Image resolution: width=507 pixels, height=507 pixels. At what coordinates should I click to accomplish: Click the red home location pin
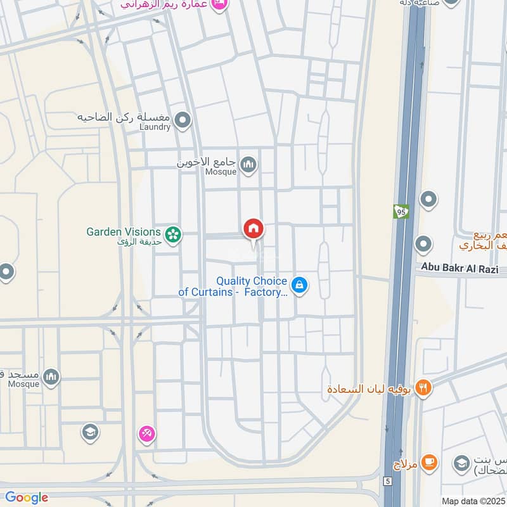pyautogui.click(x=253, y=229)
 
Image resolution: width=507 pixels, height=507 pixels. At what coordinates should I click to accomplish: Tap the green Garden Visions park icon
pyautogui.click(x=173, y=235)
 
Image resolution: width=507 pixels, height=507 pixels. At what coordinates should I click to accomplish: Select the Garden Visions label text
pyautogui.click(x=123, y=232)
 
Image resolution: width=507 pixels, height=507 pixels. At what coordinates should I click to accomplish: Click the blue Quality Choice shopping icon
pyautogui.click(x=300, y=285)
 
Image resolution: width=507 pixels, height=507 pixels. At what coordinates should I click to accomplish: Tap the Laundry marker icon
pyautogui.click(x=183, y=119)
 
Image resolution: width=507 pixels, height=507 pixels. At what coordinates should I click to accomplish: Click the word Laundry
pyautogui.click(x=155, y=127)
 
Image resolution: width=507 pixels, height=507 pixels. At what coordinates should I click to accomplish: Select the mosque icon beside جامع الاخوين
pyautogui.click(x=249, y=165)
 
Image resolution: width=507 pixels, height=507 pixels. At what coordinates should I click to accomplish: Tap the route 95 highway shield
pyautogui.click(x=400, y=211)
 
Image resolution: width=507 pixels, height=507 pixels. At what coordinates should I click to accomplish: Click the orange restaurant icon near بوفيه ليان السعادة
pyautogui.click(x=424, y=387)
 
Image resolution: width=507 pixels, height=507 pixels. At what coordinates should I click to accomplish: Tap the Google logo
pyautogui.click(x=27, y=497)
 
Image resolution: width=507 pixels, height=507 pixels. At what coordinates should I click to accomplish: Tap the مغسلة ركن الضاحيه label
pyautogui.click(x=126, y=117)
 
